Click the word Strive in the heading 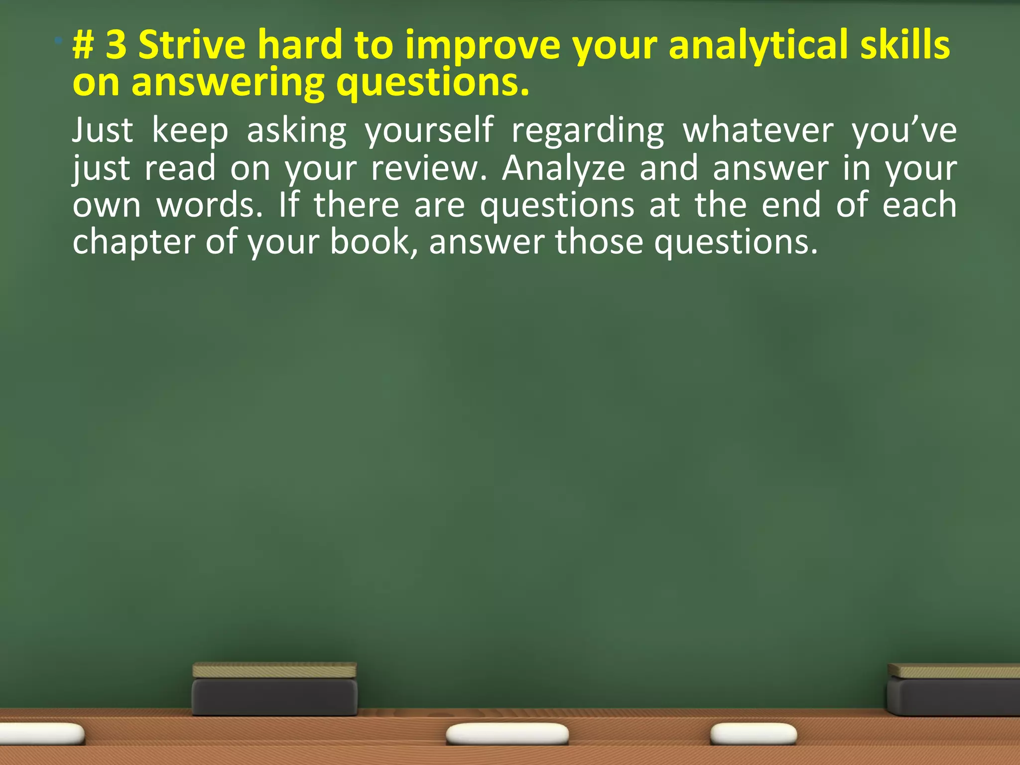pos(191,45)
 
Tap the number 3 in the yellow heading pos(117,45)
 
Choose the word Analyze pos(563,168)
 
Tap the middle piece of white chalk pos(507,734)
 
